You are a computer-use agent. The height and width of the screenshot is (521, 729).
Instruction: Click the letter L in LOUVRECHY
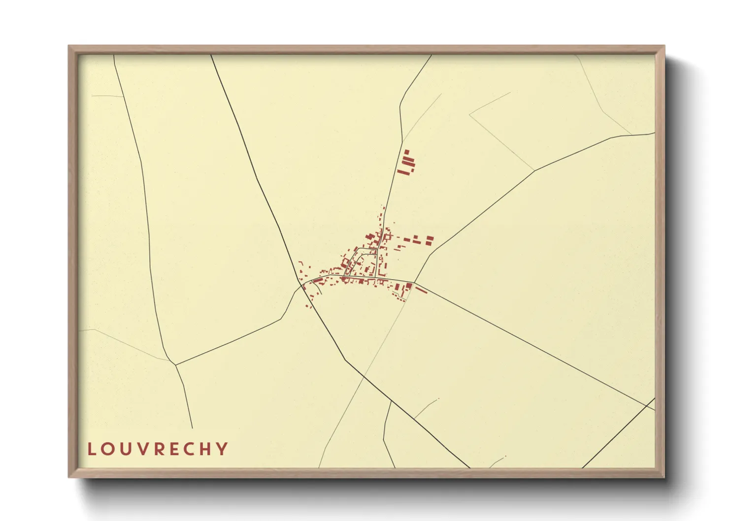(92, 449)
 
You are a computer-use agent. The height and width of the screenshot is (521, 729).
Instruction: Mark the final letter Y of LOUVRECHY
(223, 449)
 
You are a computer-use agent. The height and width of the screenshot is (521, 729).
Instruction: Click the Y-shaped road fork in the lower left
(176, 365)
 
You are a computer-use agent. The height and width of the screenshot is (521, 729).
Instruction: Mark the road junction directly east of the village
(414, 283)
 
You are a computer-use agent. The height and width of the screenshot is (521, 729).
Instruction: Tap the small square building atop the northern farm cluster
(406, 152)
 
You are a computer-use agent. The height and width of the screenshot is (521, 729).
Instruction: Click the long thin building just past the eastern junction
(421, 290)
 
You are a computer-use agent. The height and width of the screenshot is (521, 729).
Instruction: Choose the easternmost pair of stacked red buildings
(430, 240)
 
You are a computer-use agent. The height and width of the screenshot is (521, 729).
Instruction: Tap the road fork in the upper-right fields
(535, 170)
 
